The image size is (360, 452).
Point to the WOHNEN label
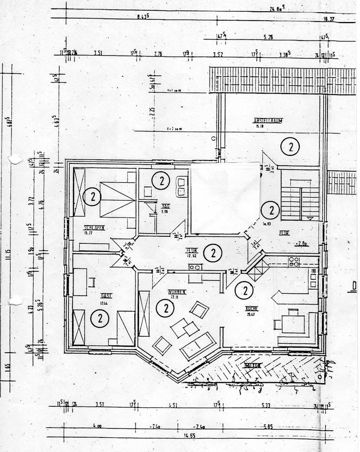tap(177, 292)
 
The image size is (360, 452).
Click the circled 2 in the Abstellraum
tap(290, 147)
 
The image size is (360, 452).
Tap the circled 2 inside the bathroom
tap(161, 180)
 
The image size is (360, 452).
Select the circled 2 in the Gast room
tap(100, 319)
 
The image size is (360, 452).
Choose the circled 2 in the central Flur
tap(213, 253)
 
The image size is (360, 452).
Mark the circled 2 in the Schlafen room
tap(92, 196)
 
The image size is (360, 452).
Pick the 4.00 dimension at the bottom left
tap(97, 427)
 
